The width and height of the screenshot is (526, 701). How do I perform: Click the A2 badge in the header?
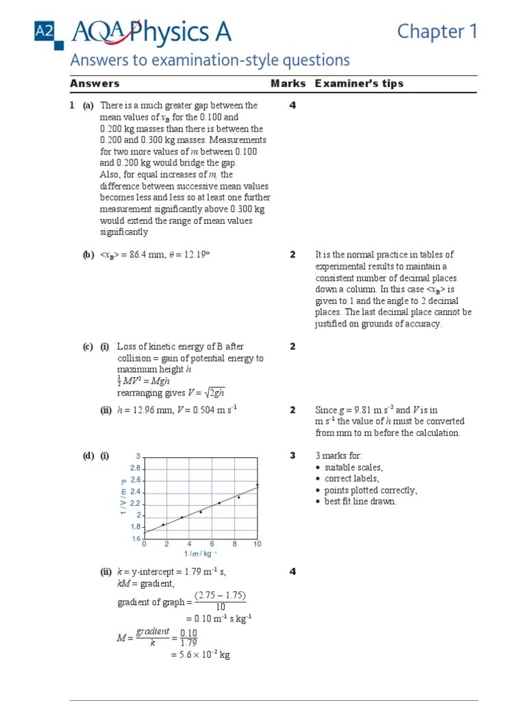[x=43, y=31]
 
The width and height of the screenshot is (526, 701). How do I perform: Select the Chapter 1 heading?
[x=437, y=31]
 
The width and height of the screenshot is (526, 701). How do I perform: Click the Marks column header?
[x=288, y=84]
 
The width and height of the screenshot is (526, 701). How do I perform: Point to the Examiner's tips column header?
[x=359, y=84]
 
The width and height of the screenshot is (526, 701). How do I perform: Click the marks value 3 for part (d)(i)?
[x=292, y=455]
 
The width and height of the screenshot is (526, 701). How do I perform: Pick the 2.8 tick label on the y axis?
[x=135, y=468]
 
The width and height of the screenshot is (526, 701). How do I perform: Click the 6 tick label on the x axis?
[x=212, y=544]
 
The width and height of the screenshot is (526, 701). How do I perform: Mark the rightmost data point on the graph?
[x=257, y=485]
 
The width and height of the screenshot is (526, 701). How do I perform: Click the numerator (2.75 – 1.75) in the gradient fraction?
[x=220, y=596]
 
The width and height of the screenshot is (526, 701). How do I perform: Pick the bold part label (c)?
[x=88, y=347]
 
